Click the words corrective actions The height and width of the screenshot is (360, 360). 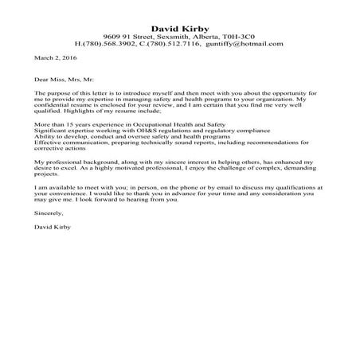(x=61, y=152)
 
